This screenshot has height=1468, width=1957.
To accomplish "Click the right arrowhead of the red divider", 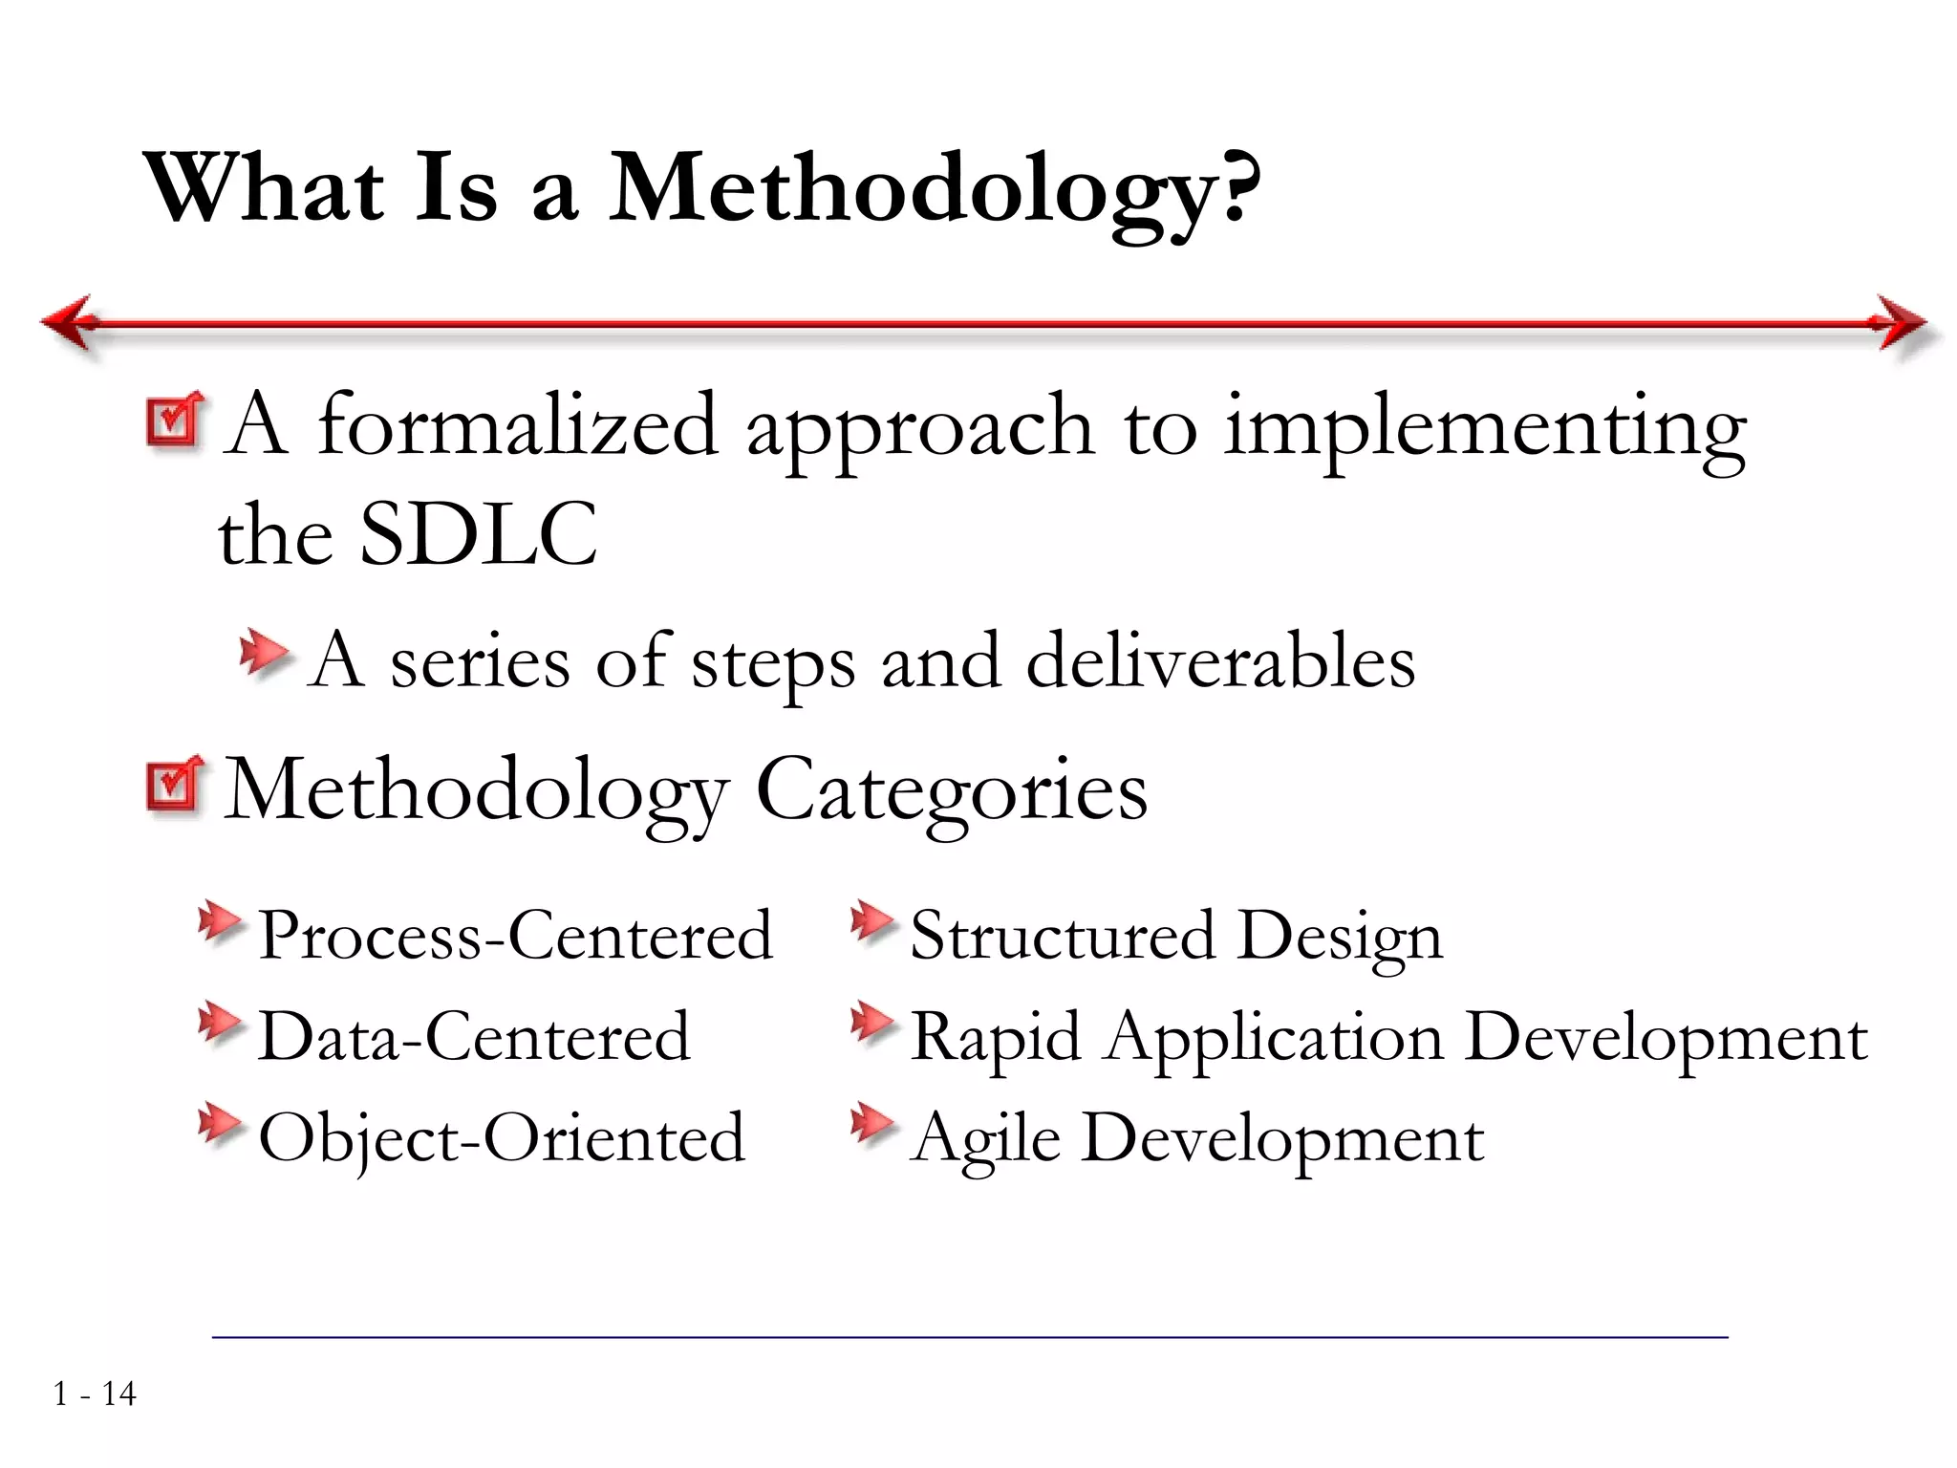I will pos(1902,323).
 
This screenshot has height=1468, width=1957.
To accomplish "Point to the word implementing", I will pos(1485,427).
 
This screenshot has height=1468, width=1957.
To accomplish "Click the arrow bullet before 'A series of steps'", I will pos(263,654).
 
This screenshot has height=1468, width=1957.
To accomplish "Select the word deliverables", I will pos(1220,661).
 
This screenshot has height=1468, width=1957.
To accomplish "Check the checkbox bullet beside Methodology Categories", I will pos(175,786).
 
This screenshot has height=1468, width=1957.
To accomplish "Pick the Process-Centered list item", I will pos(515,935).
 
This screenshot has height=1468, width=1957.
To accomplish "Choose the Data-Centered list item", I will pos(474,1037).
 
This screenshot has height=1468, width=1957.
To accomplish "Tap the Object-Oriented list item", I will pos(502,1138).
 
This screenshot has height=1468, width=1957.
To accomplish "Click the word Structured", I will pos(1063,935).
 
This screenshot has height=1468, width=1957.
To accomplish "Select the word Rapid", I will pos(996,1038).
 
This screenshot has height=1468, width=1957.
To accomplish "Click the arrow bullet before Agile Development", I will pos(871,1124).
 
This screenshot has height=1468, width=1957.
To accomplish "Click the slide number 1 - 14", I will pos(95,1394).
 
